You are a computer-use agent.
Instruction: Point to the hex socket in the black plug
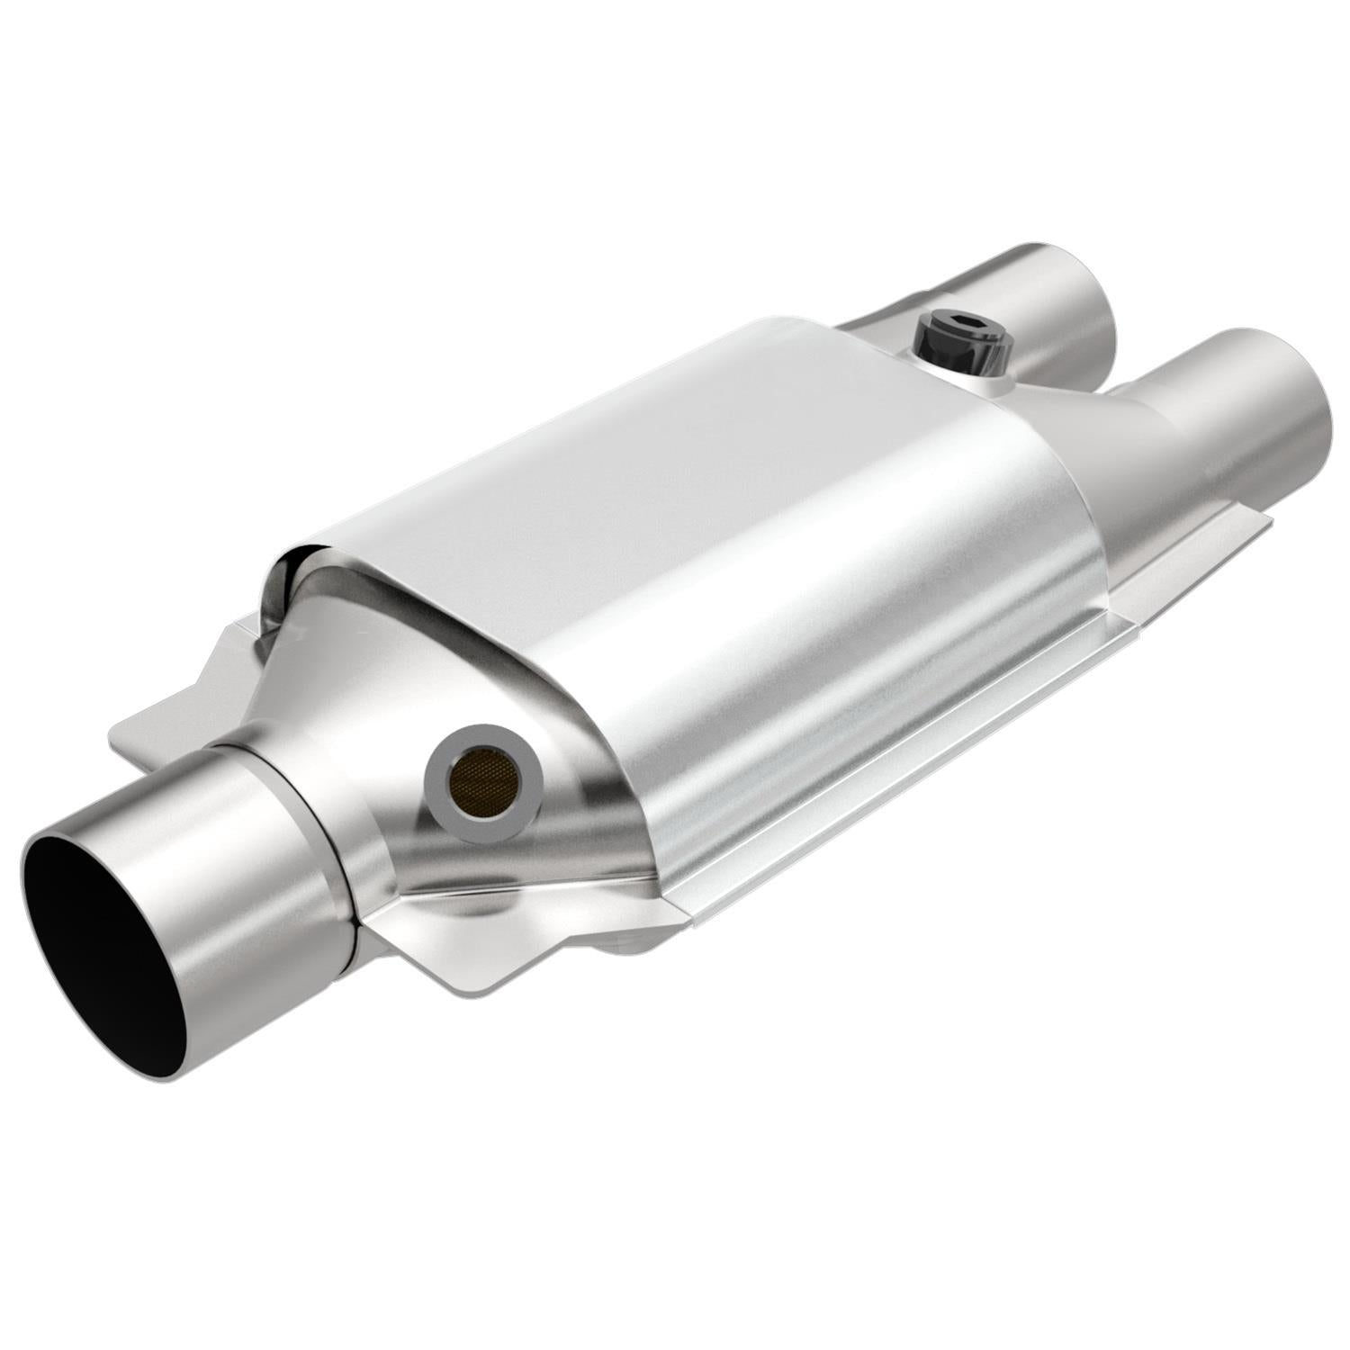[957, 321]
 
